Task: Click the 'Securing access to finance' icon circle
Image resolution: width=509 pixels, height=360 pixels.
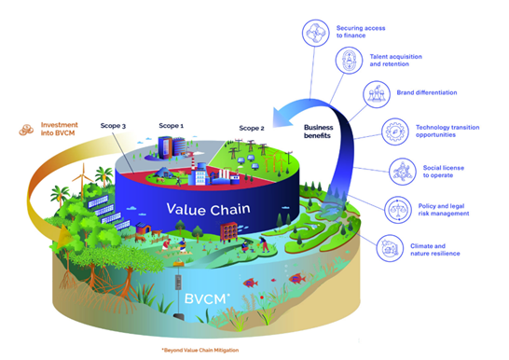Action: pos(315,33)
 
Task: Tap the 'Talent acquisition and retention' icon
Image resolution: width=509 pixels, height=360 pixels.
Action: pos(349,61)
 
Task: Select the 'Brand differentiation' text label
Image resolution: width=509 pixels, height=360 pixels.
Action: pos(427,92)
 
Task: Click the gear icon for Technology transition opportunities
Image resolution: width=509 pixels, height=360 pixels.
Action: pos(394,132)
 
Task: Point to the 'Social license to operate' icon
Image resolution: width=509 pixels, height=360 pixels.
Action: pos(403,172)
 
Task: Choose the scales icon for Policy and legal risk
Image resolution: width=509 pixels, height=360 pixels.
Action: pos(398,210)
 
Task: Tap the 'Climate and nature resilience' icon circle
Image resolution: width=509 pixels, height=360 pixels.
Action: pos(390,248)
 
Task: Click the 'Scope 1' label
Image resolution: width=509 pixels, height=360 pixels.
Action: pos(172,126)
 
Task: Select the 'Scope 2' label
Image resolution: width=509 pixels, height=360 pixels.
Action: pos(252,128)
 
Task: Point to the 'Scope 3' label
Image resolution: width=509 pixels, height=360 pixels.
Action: pos(113,126)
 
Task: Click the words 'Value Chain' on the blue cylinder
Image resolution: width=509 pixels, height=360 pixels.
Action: pos(208,209)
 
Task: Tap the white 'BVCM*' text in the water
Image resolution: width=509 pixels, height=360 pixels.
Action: pos(207,298)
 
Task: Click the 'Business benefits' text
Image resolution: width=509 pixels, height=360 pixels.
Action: pos(319,132)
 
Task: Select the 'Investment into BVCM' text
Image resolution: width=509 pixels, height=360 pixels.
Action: pos(60,129)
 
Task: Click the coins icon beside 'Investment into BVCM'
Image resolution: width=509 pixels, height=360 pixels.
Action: pos(26,130)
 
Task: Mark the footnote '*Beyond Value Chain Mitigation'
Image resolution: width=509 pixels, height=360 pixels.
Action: pos(199,350)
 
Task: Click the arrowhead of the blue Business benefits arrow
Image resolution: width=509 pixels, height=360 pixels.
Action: pos(281,118)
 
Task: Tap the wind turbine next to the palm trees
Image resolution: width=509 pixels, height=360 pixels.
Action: pos(83,181)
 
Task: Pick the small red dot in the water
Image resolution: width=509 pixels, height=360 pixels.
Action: pos(262,297)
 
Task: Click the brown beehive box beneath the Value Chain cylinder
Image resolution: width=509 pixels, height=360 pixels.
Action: pos(228,231)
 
